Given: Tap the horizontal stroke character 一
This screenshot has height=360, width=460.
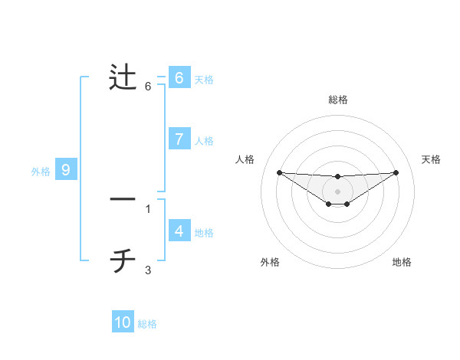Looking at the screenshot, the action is pos(123,200).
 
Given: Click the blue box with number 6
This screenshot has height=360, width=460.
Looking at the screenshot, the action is pos(179,78).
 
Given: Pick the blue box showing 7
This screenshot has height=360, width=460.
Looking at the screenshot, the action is pos(179,139).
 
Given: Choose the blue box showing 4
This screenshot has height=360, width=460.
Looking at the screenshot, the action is pos(179,231).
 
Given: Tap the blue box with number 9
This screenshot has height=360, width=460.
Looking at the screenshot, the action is pos(66,170).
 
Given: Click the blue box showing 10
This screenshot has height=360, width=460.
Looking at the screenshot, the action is pos(123,322).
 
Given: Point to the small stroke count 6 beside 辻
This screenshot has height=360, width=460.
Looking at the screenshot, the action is pos(148,86).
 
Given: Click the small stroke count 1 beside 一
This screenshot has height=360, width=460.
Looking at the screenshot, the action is pos(148,208).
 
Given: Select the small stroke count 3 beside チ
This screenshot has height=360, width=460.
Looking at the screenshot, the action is pos(148,270).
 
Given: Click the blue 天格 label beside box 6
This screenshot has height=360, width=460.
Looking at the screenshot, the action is pos(204,80).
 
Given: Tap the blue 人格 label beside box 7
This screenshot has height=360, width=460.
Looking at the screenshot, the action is pos(204,141).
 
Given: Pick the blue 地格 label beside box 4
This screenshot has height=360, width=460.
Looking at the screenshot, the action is pos(204,233).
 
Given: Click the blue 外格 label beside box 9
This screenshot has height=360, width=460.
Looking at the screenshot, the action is pos(41,172).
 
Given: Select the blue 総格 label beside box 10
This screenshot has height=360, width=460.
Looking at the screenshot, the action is pos(147,324).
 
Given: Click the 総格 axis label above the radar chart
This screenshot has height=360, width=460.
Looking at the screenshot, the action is pos(337,100).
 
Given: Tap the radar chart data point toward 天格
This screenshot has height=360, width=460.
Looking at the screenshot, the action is pos(396,172).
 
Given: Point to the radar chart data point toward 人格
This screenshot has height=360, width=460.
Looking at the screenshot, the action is pos(279,172).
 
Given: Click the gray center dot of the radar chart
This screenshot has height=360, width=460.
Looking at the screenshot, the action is pos(337,191).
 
